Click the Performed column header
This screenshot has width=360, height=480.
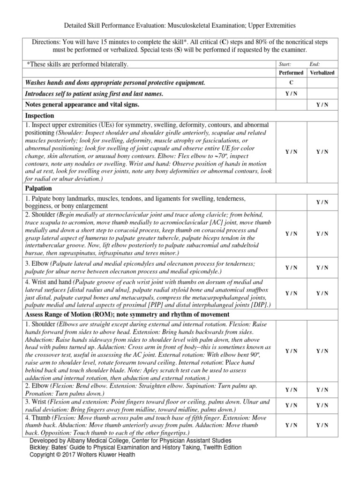291,73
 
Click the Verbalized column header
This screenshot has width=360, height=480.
322,73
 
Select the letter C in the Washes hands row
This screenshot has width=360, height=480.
291,83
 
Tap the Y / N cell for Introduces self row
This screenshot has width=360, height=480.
291,94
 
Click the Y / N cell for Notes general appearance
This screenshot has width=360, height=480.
322,105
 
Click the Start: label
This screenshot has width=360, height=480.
285,64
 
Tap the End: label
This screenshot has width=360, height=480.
315,64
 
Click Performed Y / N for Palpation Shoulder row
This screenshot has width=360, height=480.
291,233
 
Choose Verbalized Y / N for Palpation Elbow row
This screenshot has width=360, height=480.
322,268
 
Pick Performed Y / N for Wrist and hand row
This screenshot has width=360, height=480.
291,293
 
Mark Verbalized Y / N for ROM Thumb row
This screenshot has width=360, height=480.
322,425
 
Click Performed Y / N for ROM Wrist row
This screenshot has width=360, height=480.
291,405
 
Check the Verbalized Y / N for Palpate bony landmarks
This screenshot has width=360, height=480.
322,202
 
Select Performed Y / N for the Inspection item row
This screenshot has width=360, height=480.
291,152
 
